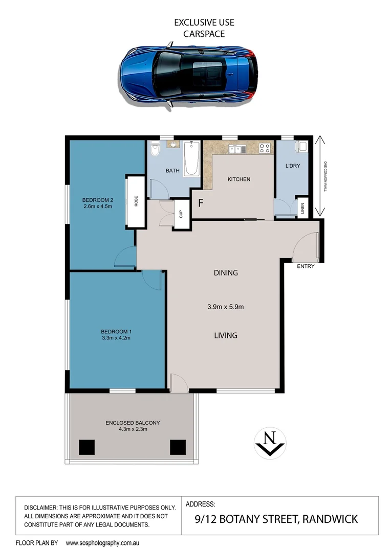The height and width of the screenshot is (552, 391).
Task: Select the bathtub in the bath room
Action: pyautogui.click(x=192, y=158)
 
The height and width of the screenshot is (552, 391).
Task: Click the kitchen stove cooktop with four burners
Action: pyautogui.click(x=265, y=148)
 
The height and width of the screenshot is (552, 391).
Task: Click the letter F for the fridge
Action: pyautogui.click(x=201, y=202)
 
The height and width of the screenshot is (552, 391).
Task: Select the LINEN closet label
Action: pyautogui.click(x=302, y=209)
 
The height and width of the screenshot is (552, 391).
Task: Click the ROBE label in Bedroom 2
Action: pyautogui.click(x=136, y=201)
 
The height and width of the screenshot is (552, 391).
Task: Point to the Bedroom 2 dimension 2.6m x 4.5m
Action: pyautogui.click(x=97, y=206)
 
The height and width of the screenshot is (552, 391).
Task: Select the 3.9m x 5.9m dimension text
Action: pyautogui.click(x=226, y=307)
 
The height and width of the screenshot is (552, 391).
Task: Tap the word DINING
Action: pyautogui.click(x=226, y=273)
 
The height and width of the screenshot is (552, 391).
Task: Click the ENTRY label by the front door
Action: pyautogui.click(x=306, y=266)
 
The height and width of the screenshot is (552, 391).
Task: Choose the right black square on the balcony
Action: pyautogui.click(x=178, y=447)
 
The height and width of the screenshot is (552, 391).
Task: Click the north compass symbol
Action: pyautogui.click(x=270, y=442)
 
